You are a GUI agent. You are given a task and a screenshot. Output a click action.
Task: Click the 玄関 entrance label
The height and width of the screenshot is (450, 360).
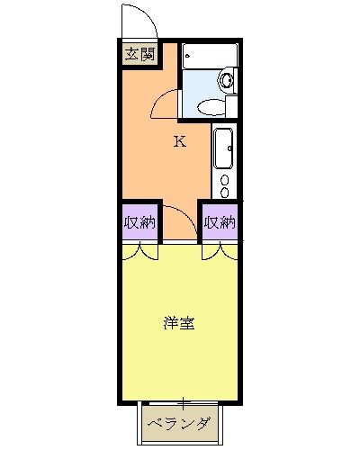pos(139,54)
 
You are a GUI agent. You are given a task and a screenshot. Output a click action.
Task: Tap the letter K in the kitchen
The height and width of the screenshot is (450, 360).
pos(179,140)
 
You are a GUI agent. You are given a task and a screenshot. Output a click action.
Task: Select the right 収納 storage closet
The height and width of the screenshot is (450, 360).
pos(220,221)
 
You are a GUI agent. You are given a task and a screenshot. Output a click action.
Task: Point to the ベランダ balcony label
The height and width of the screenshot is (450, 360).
pos(179,423)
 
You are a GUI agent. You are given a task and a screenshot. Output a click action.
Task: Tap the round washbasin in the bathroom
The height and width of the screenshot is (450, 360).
pos(226,81)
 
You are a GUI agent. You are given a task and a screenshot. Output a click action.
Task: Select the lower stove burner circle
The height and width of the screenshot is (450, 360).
pos(225,190)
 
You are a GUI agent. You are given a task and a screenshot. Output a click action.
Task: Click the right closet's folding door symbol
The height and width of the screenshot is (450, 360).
pos(220,251)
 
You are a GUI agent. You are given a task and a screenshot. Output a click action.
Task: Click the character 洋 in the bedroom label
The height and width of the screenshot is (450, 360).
pos(169,322)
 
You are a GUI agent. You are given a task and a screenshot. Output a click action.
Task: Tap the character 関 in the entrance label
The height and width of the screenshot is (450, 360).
pos(146,54)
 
